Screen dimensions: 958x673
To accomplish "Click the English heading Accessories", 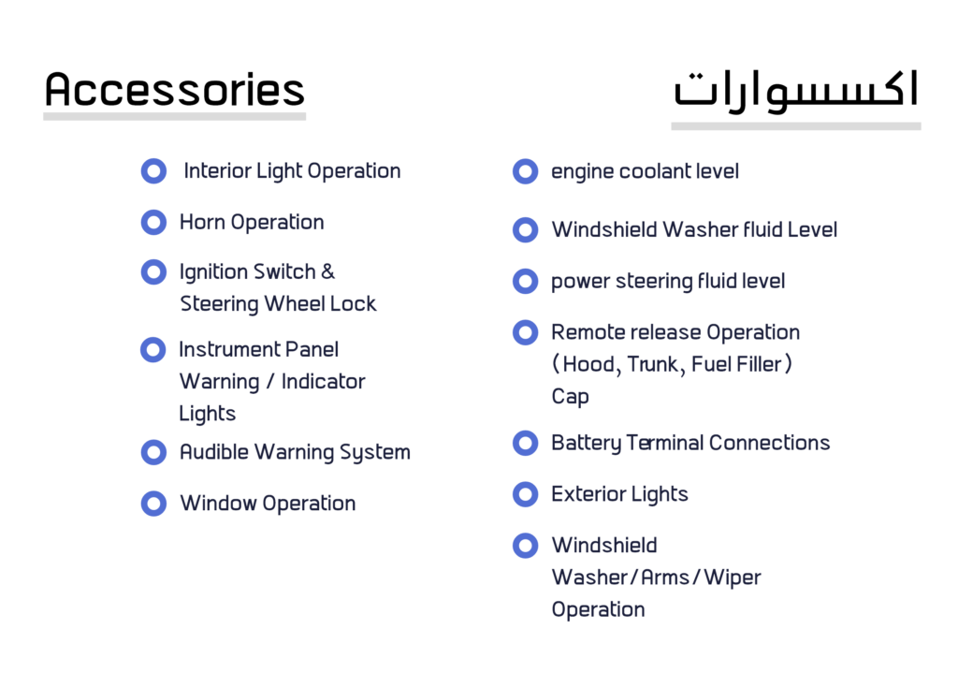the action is (175, 89).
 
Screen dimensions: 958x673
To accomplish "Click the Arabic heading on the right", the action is (795, 91).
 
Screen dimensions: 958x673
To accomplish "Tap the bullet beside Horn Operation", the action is (153, 223).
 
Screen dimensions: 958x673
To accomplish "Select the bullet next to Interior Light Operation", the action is (153, 171).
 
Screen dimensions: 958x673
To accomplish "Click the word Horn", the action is (202, 222).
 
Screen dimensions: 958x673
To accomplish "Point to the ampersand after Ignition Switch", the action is (328, 271).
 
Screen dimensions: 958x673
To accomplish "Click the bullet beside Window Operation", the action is (153, 504).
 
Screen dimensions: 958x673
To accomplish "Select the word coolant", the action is (654, 171).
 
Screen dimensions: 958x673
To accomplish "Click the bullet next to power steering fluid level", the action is (525, 281).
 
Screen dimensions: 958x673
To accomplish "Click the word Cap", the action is (570, 397).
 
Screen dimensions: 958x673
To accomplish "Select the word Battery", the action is (586, 443).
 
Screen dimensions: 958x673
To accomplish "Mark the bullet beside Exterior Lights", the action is (525, 494).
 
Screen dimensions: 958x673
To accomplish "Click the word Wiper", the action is (732, 578).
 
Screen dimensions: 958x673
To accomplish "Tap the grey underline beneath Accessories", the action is (175, 116).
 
